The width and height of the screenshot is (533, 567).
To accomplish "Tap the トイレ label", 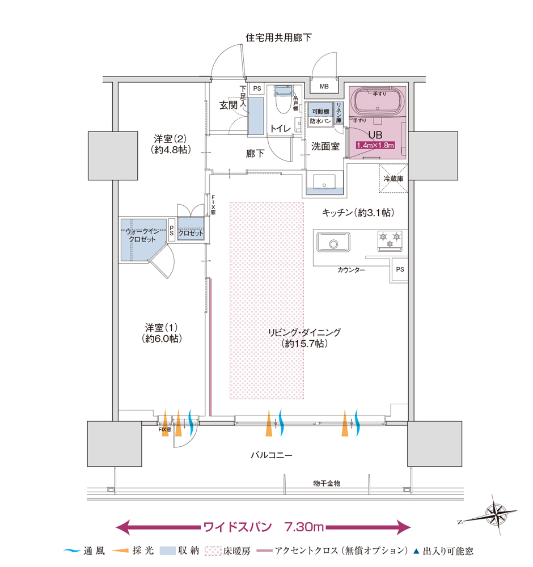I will pos(280,129).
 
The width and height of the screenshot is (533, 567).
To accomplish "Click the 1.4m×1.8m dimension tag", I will pos(375,146).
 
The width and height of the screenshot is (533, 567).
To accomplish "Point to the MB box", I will pos(324,87).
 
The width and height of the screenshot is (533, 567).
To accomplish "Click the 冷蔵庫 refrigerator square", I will pos(393,177).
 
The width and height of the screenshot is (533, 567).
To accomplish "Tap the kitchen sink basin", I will pos(332,243).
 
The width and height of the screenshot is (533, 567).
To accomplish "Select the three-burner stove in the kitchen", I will pos(390,239).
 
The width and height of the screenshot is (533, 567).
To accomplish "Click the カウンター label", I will pos(351,270).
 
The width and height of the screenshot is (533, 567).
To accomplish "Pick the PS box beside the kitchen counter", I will pos(400,270).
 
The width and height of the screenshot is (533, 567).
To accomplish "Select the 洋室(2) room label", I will pos(171,144).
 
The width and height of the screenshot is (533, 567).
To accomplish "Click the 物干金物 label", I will pos(327,483).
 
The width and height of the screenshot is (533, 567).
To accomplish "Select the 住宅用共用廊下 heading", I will pos(278,37).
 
